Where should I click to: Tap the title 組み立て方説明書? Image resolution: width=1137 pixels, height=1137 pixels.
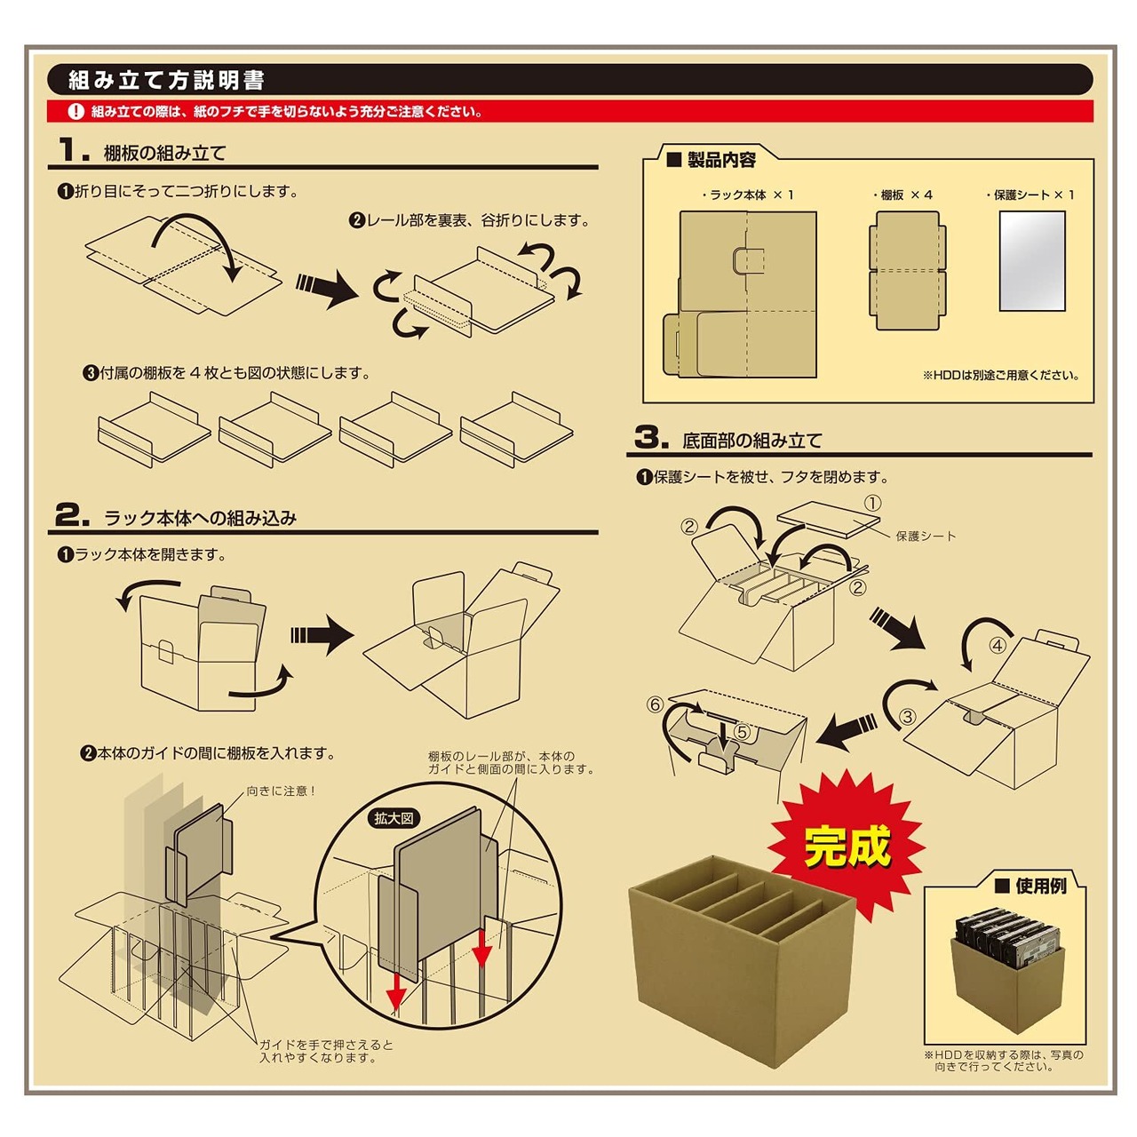pyautogui.click(x=167, y=81)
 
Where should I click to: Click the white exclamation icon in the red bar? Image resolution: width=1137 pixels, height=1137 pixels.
pyautogui.click(x=76, y=112)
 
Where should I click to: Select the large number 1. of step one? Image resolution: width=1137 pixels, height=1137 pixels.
pyautogui.click(x=73, y=150)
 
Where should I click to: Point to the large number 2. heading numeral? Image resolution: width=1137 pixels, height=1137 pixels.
pyautogui.click(x=72, y=515)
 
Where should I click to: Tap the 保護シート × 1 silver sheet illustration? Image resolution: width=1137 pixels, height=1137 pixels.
pyautogui.click(x=1031, y=261)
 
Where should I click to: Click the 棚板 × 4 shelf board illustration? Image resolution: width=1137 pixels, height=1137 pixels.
pyautogui.click(x=906, y=270)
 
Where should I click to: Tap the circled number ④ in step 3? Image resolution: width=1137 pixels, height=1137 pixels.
pyautogui.click(x=998, y=646)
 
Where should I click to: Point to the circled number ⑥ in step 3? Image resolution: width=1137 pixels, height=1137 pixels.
pyautogui.click(x=656, y=704)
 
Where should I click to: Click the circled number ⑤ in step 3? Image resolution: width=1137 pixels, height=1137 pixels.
pyautogui.click(x=743, y=733)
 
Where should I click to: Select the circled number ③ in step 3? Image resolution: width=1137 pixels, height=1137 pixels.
pyautogui.click(x=907, y=716)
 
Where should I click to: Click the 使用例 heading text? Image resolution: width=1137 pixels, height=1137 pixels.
pyautogui.click(x=1039, y=886)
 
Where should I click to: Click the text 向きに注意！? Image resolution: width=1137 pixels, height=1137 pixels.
pyautogui.click(x=282, y=791)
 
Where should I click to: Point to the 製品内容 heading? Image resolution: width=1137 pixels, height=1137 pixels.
pyautogui.click(x=720, y=160)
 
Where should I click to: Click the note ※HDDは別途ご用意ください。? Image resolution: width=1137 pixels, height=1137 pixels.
pyautogui.click(x=1000, y=375)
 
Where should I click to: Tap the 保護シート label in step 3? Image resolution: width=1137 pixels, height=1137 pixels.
pyautogui.click(x=926, y=536)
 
